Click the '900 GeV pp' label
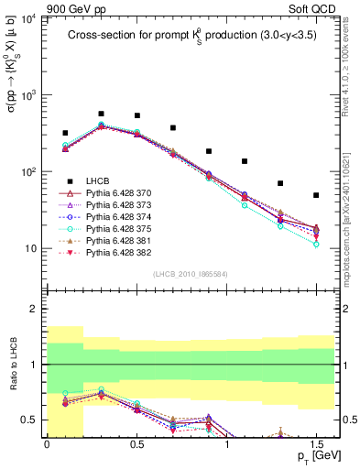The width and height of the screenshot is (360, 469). (x=71, y=8)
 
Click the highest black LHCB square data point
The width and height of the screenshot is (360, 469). (x=101, y=114)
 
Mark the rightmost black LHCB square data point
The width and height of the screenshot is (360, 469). (x=316, y=195)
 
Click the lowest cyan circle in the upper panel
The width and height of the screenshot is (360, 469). (x=316, y=245)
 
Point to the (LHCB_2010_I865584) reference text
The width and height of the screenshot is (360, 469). (x=191, y=274)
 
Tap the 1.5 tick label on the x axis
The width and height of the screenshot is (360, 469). (x=316, y=442)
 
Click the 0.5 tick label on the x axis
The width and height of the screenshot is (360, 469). (x=136, y=442)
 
